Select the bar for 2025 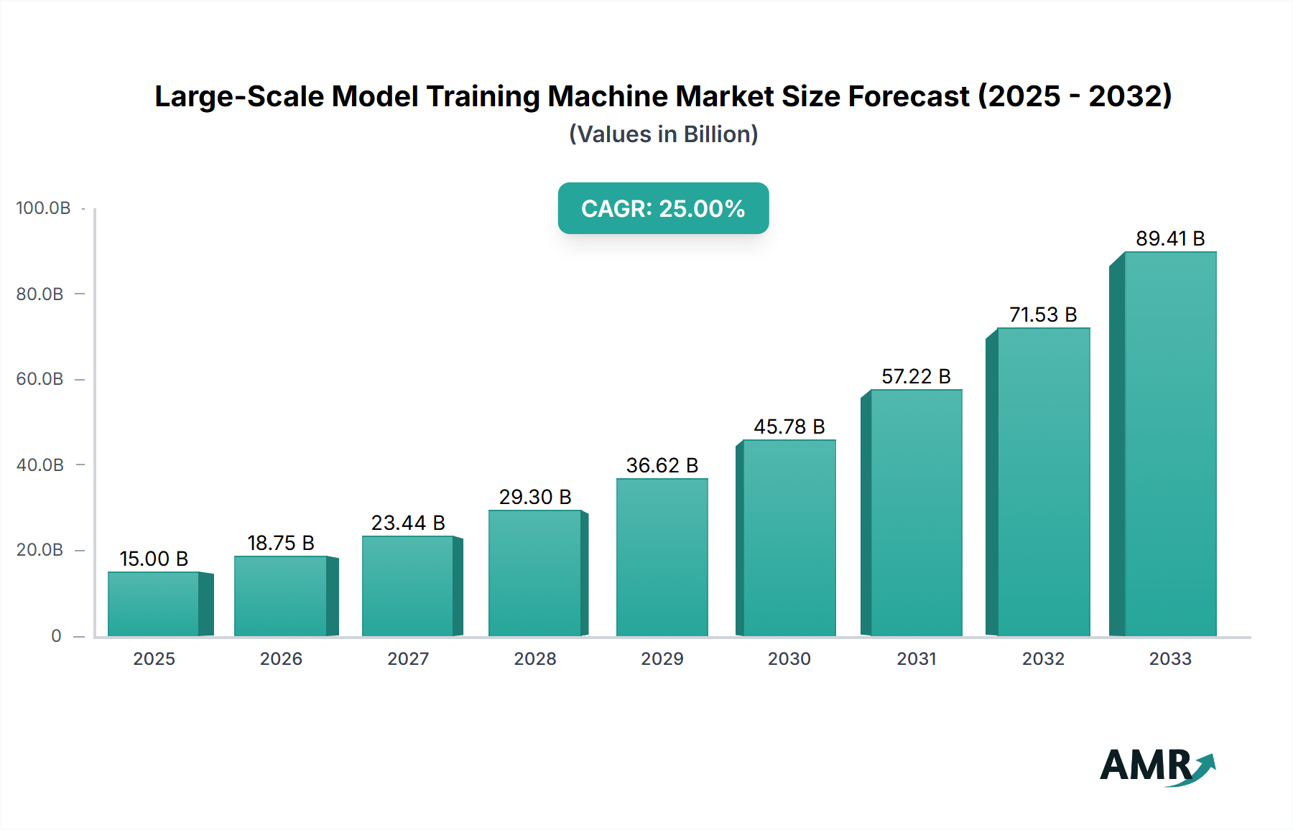pos(154,604)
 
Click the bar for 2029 pos(662,557)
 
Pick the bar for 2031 pos(916,513)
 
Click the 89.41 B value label pos(1169,238)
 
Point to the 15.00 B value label pos(154,559)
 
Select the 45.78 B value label pos(789,426)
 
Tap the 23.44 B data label pos(408,523)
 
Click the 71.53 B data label pos(1043,314)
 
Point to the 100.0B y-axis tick pos(43,208)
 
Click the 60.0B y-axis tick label pos(40,379)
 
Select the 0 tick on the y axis pos(56,636)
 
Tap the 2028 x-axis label pos(535,659)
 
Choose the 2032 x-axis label pos(1043,659)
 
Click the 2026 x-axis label pos(281,659)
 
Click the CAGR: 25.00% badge pos(663,208)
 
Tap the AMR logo pos(1157,766)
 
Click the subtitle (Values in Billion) pos(663,134)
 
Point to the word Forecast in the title pos(909,96)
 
